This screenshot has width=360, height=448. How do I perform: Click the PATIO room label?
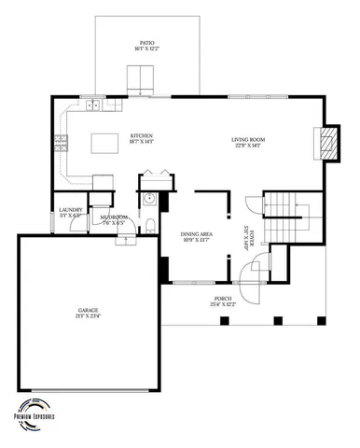[147, 44]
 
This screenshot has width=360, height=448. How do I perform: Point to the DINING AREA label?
[195, 234]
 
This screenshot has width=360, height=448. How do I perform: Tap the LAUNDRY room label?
[70, 210]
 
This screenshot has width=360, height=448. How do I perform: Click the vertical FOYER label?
[245, 238]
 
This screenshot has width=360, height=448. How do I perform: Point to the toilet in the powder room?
[150, 222]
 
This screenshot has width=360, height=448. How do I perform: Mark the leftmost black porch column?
[224, 321]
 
